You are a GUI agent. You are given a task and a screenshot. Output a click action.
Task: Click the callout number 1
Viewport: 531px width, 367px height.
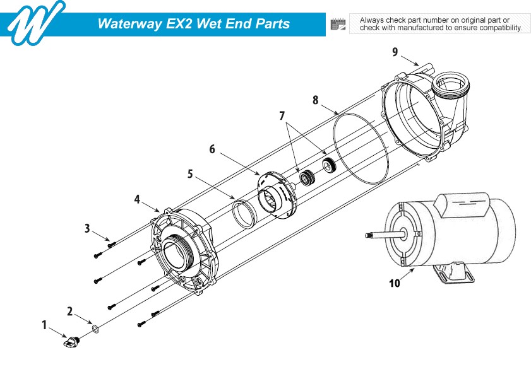pyautogui.click(x=44, y=325)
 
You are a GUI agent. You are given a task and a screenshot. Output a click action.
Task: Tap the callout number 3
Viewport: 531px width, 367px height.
pyautogui.click(x=87, y=228)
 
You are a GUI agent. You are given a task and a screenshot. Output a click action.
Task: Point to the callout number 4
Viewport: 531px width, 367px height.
pyautogui.click(x=137, y=199)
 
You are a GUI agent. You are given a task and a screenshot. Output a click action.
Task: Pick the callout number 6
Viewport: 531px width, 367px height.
pyautogui.click(x=212, y=149)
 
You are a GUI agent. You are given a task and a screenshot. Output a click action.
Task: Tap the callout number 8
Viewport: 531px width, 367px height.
pyautogui.click(x=315, y=100)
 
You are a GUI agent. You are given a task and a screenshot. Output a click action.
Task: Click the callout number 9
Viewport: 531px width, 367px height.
pyautogui.click(x=395, y=52)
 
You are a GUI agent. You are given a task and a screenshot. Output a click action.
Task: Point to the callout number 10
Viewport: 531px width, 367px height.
pyautogui.click(x=394, y=283)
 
